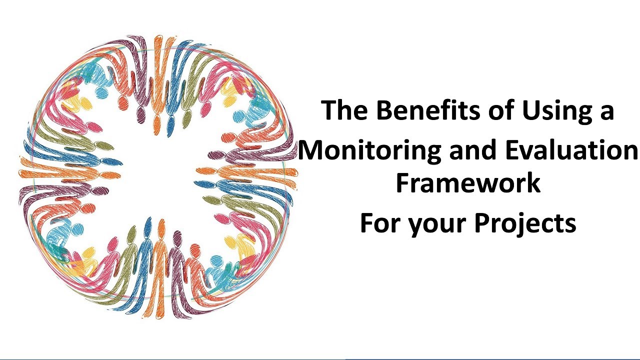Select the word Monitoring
click(x=369, y=150)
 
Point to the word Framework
click(x=468, y=182)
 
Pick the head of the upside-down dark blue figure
click(x=171, y=120)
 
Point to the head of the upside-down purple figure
click(x=141, y=116)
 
